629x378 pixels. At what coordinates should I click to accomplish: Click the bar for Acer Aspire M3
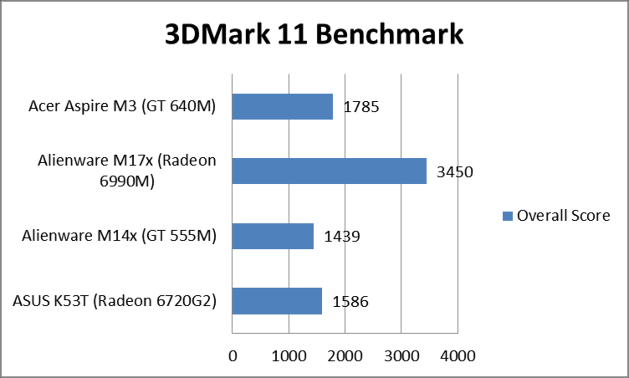283,107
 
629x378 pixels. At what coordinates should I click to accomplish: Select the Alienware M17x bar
329,171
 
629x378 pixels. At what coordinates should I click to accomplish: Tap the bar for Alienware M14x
273,236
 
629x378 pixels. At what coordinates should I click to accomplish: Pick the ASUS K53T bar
277,301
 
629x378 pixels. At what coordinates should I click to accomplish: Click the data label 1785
361,107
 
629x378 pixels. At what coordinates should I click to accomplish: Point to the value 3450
455,172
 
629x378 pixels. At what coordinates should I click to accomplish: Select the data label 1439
342,237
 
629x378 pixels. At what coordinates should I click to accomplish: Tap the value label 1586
350,302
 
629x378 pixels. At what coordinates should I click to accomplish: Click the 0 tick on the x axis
232,355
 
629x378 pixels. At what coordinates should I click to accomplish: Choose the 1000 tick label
289,355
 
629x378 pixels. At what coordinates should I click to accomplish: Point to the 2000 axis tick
345,355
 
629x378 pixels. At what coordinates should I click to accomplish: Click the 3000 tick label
401,355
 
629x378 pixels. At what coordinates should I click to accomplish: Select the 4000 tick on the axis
457,355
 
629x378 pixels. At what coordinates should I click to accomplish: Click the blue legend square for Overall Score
507,216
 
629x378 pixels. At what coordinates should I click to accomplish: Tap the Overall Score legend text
563,215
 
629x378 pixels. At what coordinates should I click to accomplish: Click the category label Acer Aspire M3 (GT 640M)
122,107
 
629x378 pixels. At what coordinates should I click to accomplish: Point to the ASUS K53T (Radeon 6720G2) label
114,301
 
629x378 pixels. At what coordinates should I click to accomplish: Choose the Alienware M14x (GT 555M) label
119,236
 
